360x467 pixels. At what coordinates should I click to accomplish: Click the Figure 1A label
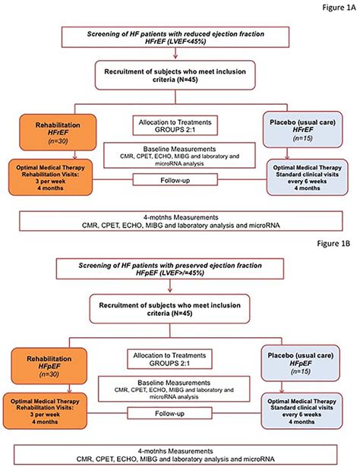pos(339,8)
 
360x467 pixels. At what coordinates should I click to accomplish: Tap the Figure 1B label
pos(333,243)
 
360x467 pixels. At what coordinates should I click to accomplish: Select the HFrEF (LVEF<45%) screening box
pos(175,37)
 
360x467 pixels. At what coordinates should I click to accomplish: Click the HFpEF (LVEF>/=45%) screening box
pos(170,269)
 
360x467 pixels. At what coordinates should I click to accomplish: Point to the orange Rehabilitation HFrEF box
pos(58,132)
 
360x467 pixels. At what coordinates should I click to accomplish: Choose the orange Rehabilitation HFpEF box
pos(49,366)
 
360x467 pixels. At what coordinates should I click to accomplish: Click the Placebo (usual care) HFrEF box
pos(303,130)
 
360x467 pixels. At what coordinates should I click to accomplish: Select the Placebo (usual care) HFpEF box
pos(301,363)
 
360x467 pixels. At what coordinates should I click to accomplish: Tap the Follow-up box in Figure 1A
pos(175,180)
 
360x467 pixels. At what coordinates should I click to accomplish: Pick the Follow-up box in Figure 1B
pos(169,413)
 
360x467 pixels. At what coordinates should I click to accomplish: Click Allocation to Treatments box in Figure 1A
pos(175,125)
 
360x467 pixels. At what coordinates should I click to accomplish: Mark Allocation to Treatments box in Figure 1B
pos(169,359)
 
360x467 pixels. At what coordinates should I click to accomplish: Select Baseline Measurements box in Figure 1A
pos(179,155)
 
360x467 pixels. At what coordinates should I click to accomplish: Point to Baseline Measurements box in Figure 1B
pos(174,389)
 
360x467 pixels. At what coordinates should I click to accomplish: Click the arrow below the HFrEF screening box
pos(175,53)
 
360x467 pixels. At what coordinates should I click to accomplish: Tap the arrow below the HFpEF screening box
pos(170,286)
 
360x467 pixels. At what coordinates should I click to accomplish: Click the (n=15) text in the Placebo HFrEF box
pos(303,138)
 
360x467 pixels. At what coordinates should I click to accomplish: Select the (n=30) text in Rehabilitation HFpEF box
pos(49,374)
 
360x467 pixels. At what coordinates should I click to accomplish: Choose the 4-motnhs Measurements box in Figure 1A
pos(181,221)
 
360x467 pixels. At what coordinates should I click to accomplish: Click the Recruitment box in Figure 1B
pos(169,308)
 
